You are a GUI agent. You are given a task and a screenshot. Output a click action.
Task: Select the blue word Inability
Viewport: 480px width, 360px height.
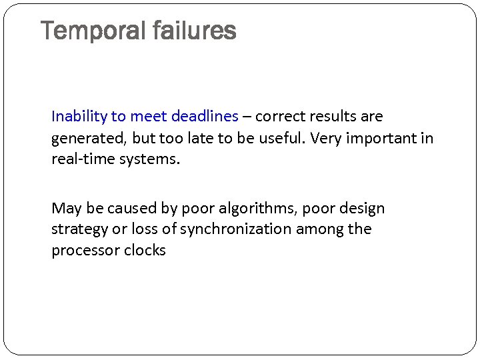coord(79,117)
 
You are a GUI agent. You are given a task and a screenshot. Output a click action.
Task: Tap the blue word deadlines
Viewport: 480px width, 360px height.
coord(204,117)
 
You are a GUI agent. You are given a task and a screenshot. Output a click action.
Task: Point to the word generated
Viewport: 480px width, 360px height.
coord(84,139)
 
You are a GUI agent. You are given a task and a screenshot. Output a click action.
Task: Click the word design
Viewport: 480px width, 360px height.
coord(362,209)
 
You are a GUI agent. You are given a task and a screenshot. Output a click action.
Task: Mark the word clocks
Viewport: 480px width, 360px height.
coord(145,251)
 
